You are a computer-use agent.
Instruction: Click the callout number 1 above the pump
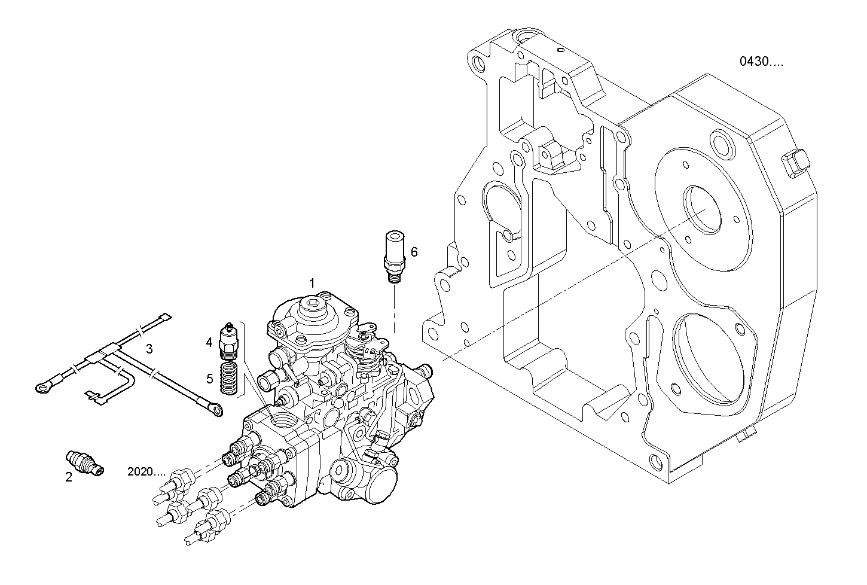click(x=312, y=281)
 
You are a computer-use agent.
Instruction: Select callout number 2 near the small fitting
click(x=69, y=477)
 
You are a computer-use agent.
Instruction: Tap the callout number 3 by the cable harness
click(x=149, y=348)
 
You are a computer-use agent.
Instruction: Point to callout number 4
click(x=209, y=342)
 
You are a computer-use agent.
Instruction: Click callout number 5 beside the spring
click(x=209, y=378)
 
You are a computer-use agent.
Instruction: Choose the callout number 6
click(x=414, y=252)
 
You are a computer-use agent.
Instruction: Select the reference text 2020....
click(x=146, y=471)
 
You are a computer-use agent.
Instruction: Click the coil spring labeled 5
click(x=228, y=377)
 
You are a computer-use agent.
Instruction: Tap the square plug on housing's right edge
click(x=795, y=163)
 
